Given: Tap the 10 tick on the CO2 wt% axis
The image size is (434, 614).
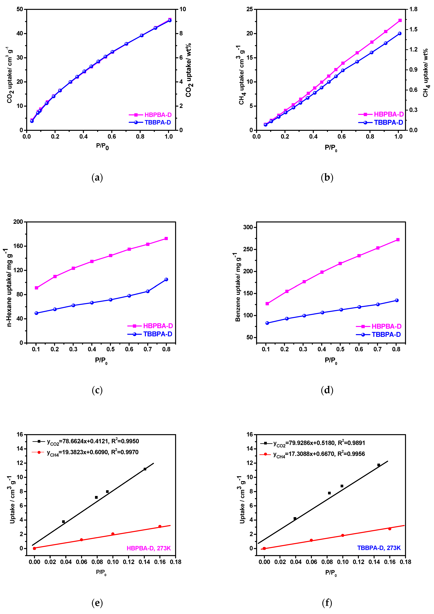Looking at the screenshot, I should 183,9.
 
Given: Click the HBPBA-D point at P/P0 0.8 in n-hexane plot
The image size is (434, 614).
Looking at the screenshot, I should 166,238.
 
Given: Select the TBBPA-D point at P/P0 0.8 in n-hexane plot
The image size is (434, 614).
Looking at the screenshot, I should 166,280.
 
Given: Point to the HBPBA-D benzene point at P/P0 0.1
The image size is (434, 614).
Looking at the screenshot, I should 267,303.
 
